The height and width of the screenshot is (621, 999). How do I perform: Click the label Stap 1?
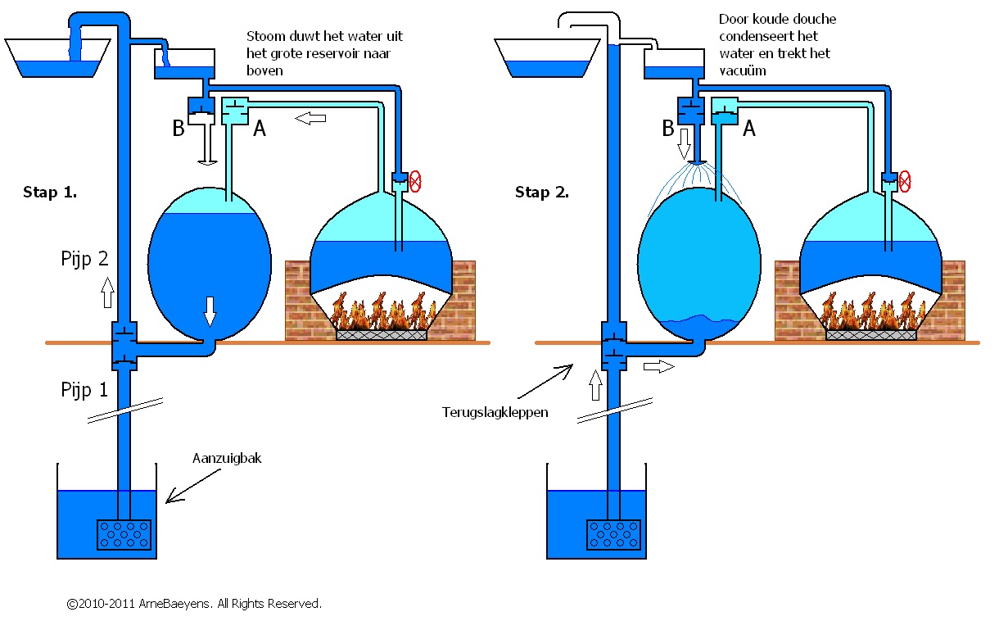pos(50,193)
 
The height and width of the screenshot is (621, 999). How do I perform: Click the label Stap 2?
pos(541,193)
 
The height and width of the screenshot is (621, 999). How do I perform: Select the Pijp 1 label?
pos(84,389)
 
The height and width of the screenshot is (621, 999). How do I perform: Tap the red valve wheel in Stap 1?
pos(415,180)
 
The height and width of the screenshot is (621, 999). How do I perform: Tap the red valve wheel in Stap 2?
pos(905,180)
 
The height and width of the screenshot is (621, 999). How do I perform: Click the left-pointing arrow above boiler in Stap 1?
pos(310,120)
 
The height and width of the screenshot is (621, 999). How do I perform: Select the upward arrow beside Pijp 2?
pos(107,292)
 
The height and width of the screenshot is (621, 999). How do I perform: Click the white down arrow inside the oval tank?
pos(210,310)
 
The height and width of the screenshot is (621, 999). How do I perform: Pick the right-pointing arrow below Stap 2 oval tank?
pos(658,366)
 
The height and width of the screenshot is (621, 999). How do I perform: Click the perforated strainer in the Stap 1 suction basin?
pos(124,534)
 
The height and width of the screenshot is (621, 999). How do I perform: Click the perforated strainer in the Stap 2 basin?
pos(613,534)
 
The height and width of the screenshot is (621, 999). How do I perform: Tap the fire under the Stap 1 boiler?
pos(382,315)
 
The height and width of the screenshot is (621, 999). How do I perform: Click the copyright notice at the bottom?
pos(194,604)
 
